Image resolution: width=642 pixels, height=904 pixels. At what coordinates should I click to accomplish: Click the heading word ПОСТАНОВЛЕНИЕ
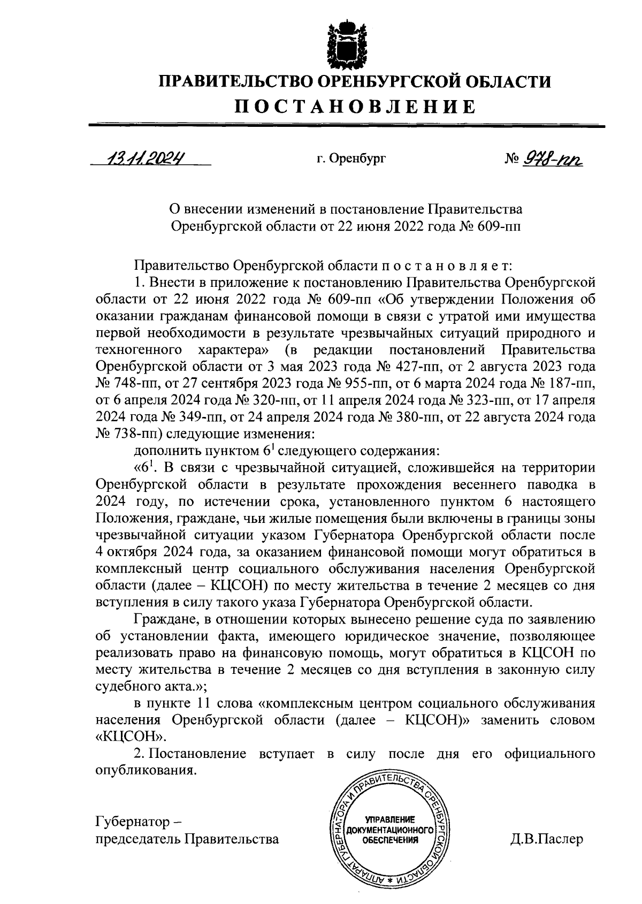click(356, 106)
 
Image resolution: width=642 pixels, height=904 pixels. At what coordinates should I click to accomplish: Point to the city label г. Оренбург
click(350, 159)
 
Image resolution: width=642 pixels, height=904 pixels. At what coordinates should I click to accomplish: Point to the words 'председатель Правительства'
click(187, 839)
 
